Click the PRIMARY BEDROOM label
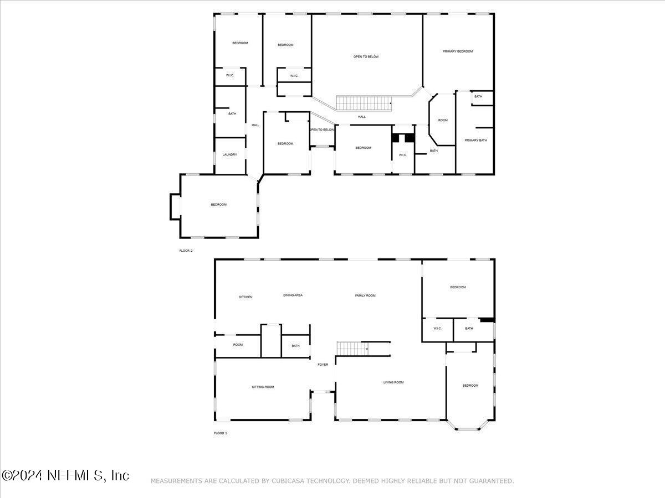tap(458, 51)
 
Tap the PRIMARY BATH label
tap(475, 140)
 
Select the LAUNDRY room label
tap(230, 154)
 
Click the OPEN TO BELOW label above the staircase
tap(366, 56)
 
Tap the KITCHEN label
tap(245, 297)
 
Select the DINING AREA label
tap(293, 295)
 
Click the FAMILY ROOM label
tap(365, 295)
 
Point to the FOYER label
tap(323, 365)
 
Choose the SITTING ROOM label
tap(263, 387)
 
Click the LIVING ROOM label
tap(393, 382)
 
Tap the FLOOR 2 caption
tap(186, 251)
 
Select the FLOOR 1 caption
tap(220, 433)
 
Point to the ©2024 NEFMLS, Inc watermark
tap(65, 475)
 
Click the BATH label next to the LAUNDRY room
tap(232, 114)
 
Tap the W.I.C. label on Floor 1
tap(437, 329)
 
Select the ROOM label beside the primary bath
tap(443, 120)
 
